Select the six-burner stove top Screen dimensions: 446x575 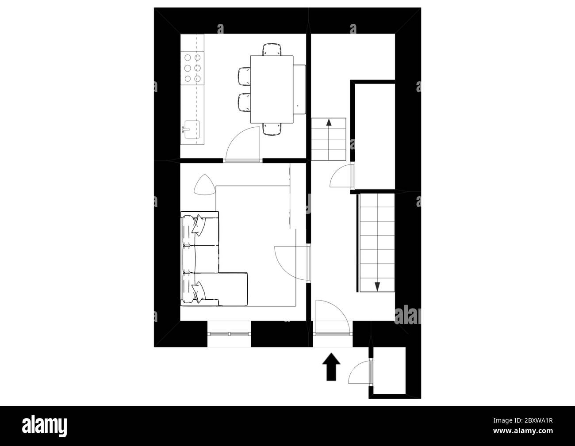point(193,68)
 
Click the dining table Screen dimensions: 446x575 point(272,89)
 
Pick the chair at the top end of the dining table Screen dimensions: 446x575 point(272,49)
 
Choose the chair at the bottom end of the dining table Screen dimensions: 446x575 point(272,129)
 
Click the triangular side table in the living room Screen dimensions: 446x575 point(204,185)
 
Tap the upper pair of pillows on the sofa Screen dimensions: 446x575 point(198,225)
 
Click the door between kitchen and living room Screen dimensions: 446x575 point(243,144)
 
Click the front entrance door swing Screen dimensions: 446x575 point(333,316)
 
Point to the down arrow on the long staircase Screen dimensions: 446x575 point(377,285)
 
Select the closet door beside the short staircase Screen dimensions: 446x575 point(341,177)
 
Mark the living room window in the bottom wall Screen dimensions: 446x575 point(229,334)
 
